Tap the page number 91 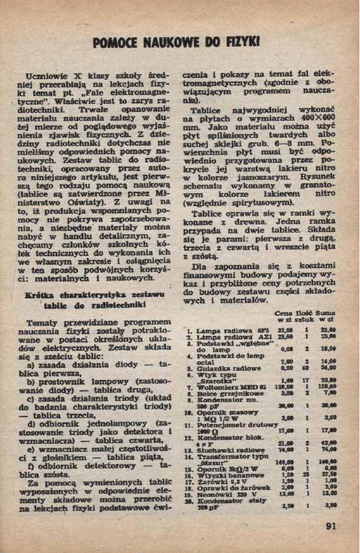tap(331, 526)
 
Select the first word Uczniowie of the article tap(47, 75)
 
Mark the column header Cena tap(284, 313)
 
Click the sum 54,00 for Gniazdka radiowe tap(328, 368)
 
